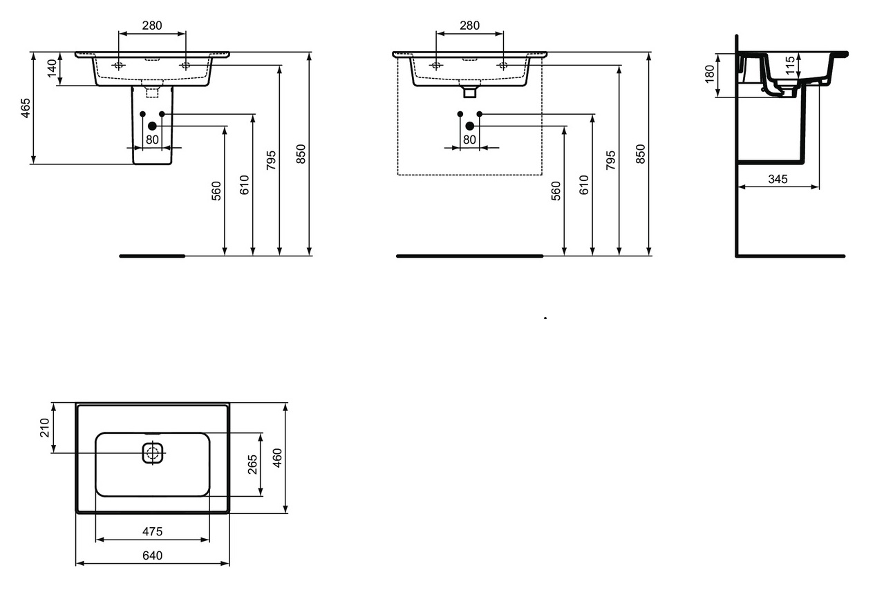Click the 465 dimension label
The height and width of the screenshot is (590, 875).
coord(26,108)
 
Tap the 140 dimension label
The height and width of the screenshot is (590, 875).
coord(52,68)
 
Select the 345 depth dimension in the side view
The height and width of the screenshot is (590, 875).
coord(778,179)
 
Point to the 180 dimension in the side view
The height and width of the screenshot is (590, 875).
coord(710,74)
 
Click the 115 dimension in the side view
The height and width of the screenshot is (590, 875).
coord(790,66)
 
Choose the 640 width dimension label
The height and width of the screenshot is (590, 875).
coord(152,555)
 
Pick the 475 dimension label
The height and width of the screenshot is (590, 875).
coord(152,531)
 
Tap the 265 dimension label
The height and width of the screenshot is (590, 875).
coord(253,464)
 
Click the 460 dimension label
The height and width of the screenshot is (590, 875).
coord(277,458)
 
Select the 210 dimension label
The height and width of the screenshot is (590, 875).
coord(45,428)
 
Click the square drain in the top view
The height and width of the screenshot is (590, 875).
coord(152,453)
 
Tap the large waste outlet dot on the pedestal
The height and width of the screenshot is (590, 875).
coord(152,126)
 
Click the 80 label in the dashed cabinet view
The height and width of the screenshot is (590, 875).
coord(469,140)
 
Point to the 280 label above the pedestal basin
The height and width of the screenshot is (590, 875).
coord(152,26)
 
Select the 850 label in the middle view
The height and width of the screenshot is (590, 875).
coord(641,154)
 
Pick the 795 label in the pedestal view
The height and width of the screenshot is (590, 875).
coord(271,160)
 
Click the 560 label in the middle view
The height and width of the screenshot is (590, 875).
coord(556,191)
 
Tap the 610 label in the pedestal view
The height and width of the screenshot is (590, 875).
coord(244,185)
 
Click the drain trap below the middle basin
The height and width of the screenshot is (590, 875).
coord(470,88)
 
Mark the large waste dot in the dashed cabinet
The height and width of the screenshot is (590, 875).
coord(470,126)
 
